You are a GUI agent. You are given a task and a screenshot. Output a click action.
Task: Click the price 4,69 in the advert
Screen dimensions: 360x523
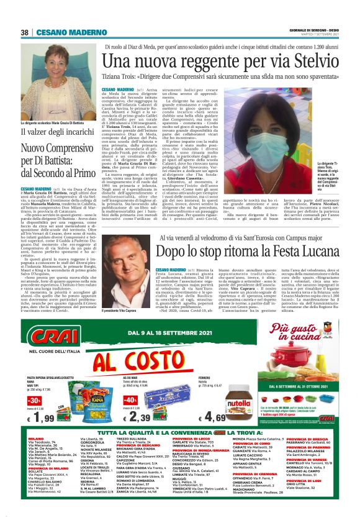241,416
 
